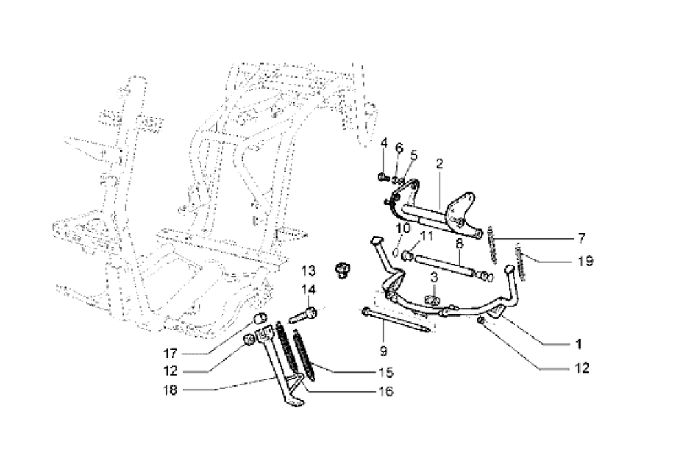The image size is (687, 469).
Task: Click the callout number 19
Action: (585, 262)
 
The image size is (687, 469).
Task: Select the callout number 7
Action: (581, 239)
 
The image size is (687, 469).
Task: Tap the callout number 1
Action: (578, 344)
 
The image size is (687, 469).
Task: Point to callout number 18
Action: (170, 390)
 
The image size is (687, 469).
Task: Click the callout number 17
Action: (170, 353)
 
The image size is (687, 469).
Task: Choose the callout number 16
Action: (386, 391)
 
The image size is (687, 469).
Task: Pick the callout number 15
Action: (386, 372)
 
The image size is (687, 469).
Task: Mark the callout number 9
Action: (383, 350)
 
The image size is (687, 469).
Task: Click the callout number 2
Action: (440, 164)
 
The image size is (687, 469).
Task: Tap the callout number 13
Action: (308, 271)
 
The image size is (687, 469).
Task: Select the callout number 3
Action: (433, 277)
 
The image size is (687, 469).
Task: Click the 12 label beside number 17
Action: (170, 371)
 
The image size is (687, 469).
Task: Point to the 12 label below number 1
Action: (582, 368)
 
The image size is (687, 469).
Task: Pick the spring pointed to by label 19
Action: (521, 262)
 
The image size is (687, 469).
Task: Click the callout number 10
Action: (403, 228)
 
